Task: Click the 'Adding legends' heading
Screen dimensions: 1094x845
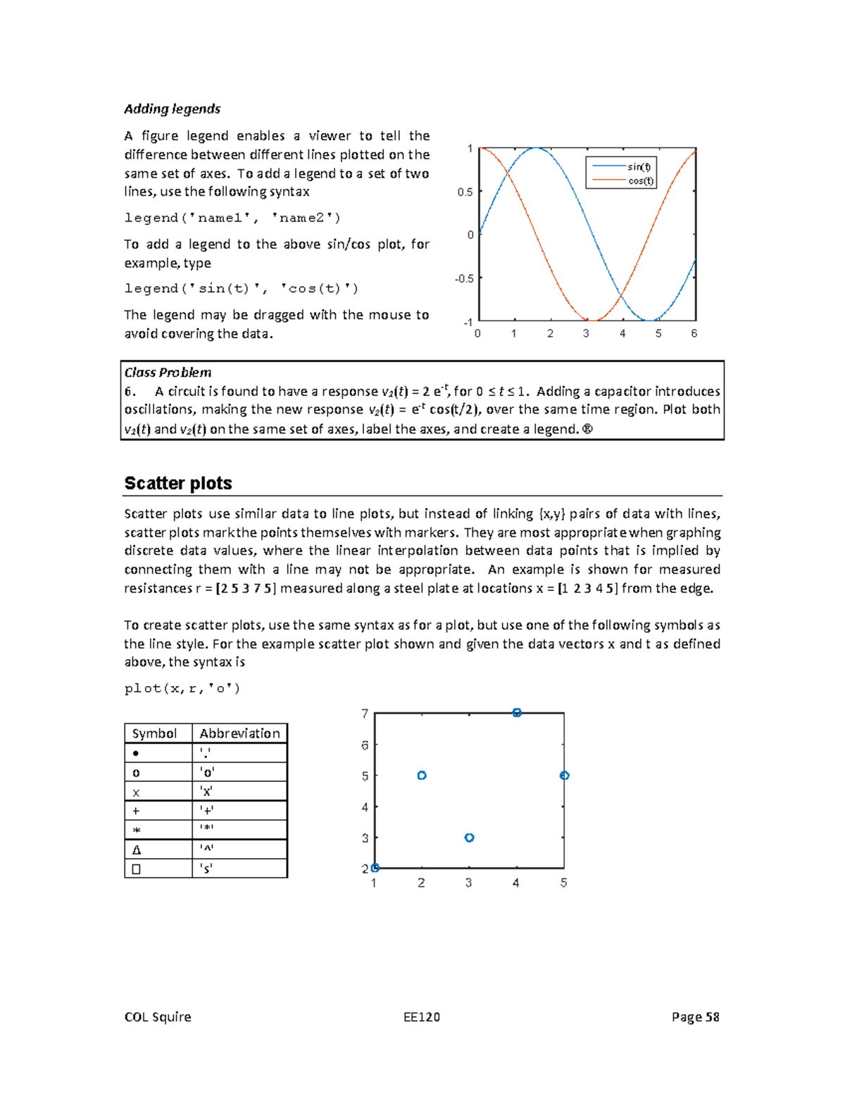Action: pos(172,109)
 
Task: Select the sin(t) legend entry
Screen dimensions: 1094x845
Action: pos(639,167)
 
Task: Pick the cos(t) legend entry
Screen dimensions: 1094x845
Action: pos(640,181)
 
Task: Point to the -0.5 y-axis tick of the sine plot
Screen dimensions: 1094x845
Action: pos(464,278)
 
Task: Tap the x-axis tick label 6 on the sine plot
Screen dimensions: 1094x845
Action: pos(694,333)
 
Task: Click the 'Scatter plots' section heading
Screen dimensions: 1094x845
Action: pos(178,483)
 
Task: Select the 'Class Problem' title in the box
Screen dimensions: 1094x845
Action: pos(168,373)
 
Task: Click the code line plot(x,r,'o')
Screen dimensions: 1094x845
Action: pos(182,688)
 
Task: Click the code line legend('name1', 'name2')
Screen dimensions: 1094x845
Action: pos(232,218)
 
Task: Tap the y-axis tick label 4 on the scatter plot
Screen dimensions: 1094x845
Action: pos(365,807)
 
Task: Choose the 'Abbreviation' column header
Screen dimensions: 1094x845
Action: pos(239,733)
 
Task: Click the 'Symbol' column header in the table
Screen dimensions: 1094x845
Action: pos(154,733)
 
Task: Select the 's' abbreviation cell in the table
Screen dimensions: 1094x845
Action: pos(206,869)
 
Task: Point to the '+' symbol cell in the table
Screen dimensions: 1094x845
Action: pos(136,811)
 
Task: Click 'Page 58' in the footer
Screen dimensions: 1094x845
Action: pos(695,1017)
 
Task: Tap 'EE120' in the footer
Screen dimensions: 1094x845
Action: pos(421,1017)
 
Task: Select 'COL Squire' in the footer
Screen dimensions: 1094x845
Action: pos(158,1017)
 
